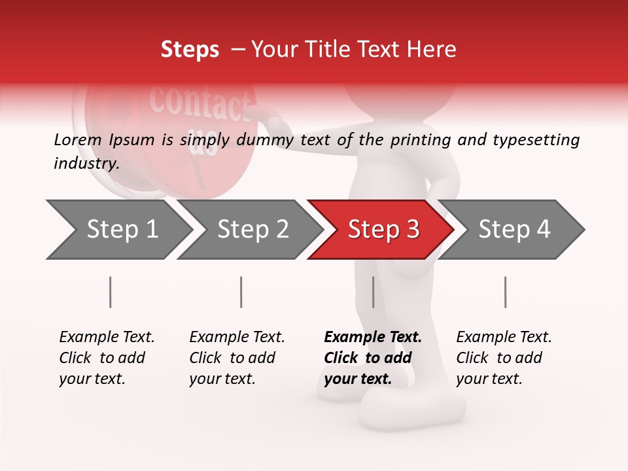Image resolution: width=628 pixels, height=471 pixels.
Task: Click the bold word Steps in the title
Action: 190,50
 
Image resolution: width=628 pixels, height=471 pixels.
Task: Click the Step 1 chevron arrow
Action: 118,230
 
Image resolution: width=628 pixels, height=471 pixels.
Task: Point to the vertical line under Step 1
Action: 111,292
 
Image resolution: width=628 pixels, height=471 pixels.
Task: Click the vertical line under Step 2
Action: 241,292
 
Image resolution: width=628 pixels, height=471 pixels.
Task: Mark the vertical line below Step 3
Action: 373,292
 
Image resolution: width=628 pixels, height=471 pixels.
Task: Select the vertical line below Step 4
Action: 505,292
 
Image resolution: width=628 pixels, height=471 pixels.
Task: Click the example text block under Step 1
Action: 106,358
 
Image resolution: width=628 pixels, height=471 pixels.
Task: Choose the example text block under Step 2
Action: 236,358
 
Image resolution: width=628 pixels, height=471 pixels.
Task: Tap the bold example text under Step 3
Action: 372,358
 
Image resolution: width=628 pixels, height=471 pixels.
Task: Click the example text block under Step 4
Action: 503,358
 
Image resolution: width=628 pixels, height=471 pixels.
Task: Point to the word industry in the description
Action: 86,164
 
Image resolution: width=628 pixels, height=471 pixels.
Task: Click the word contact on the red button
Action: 199,101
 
